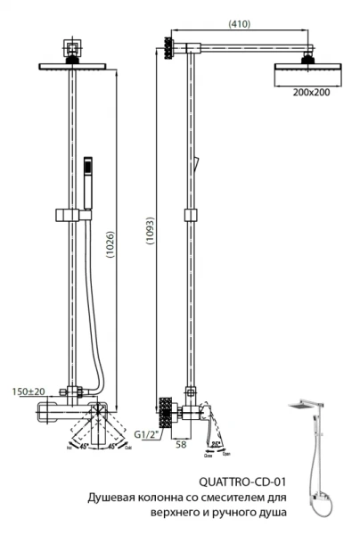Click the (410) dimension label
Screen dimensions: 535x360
pos(238,24)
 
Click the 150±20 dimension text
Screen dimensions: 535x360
pos(29,391)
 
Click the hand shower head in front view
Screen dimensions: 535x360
pos(87,175)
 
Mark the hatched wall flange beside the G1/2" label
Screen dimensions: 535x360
pos(164,412)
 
